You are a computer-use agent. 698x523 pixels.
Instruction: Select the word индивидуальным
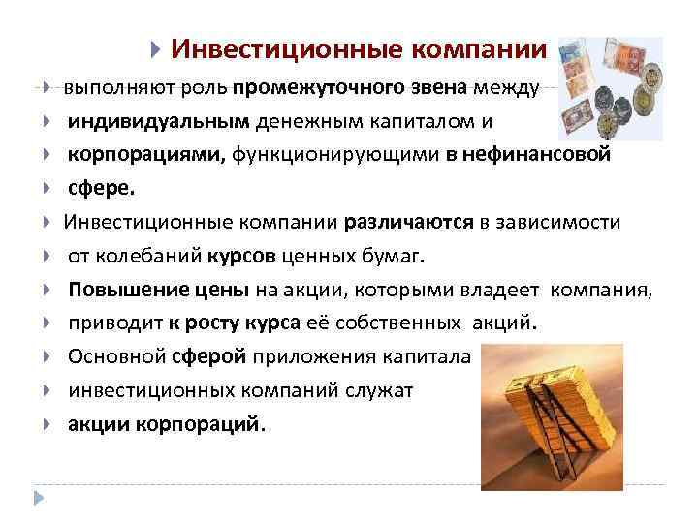(158, 122)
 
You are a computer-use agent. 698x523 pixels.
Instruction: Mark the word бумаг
(399, 256)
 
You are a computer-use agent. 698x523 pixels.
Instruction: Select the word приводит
(108, 323)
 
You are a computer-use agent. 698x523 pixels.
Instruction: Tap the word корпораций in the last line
(212, 424)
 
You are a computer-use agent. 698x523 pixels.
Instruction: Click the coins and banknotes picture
(612, 87)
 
